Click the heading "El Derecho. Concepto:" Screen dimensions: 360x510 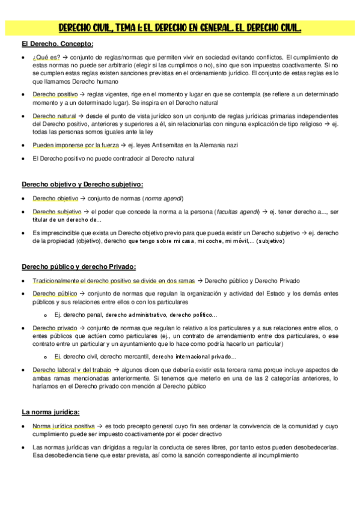coord(57,43)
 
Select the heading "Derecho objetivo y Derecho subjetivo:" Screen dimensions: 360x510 coord(82,183)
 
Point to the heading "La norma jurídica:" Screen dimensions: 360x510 coord(51,411)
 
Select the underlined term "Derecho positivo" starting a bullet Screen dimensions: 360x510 coord(55,94)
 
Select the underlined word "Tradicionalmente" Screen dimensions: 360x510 coord(60,281)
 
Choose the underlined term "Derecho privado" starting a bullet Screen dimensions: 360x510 coord(55,328)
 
